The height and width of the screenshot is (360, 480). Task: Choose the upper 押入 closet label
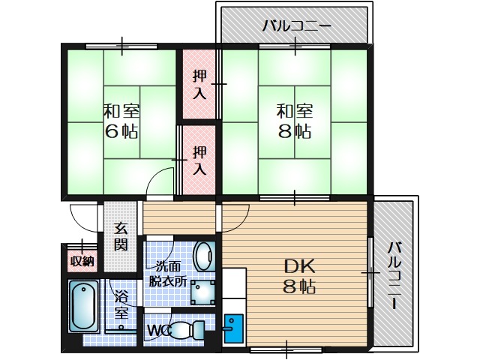coord(199,84)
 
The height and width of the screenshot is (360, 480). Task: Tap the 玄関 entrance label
coord(121,237)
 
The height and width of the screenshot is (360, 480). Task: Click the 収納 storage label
coord(81,261)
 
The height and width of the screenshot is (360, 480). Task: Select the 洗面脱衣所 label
coord(169,274)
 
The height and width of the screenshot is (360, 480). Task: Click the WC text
coord(157,330)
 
